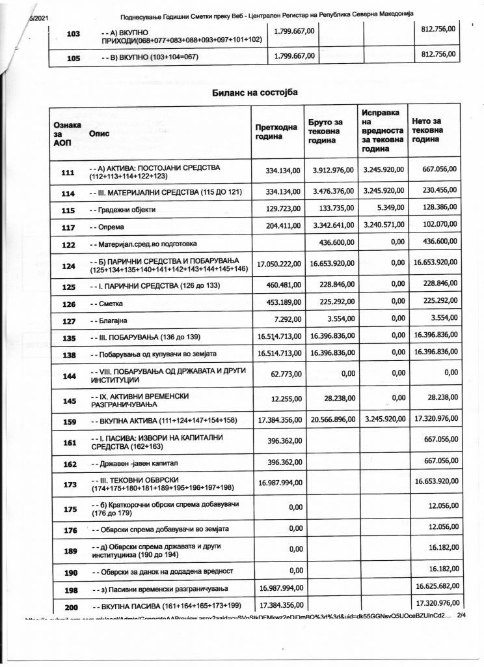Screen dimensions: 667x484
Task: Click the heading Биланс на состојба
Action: (255, 92)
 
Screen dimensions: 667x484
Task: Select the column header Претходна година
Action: (276, 133)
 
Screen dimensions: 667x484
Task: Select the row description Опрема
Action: (107, 228)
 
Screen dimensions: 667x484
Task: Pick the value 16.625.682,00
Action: (436, 588)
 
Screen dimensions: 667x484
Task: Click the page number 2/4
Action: (463, 614)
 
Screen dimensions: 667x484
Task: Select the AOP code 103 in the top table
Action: (74, 35)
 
